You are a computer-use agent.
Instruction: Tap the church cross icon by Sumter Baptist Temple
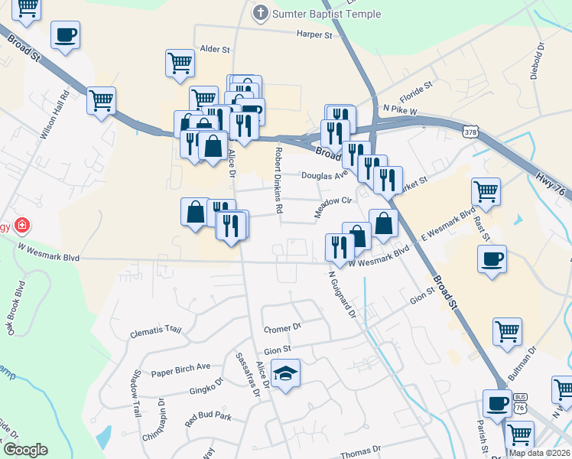261,12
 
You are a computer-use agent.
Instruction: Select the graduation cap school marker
286,374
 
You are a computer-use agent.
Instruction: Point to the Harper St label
315,34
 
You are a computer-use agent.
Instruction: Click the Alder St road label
215,49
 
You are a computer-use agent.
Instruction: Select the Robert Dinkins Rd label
279,181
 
